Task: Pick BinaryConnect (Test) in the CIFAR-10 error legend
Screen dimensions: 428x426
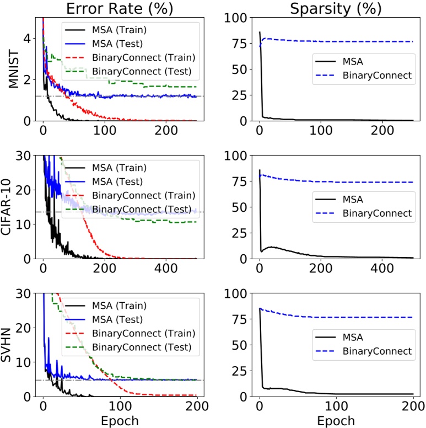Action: click(x=142, y=208)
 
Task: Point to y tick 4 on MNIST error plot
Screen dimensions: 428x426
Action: click(x=26, y=38)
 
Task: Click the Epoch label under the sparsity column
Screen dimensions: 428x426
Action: click(x=336, y=420)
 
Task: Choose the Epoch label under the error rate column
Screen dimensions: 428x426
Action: click(x=119, y=420)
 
